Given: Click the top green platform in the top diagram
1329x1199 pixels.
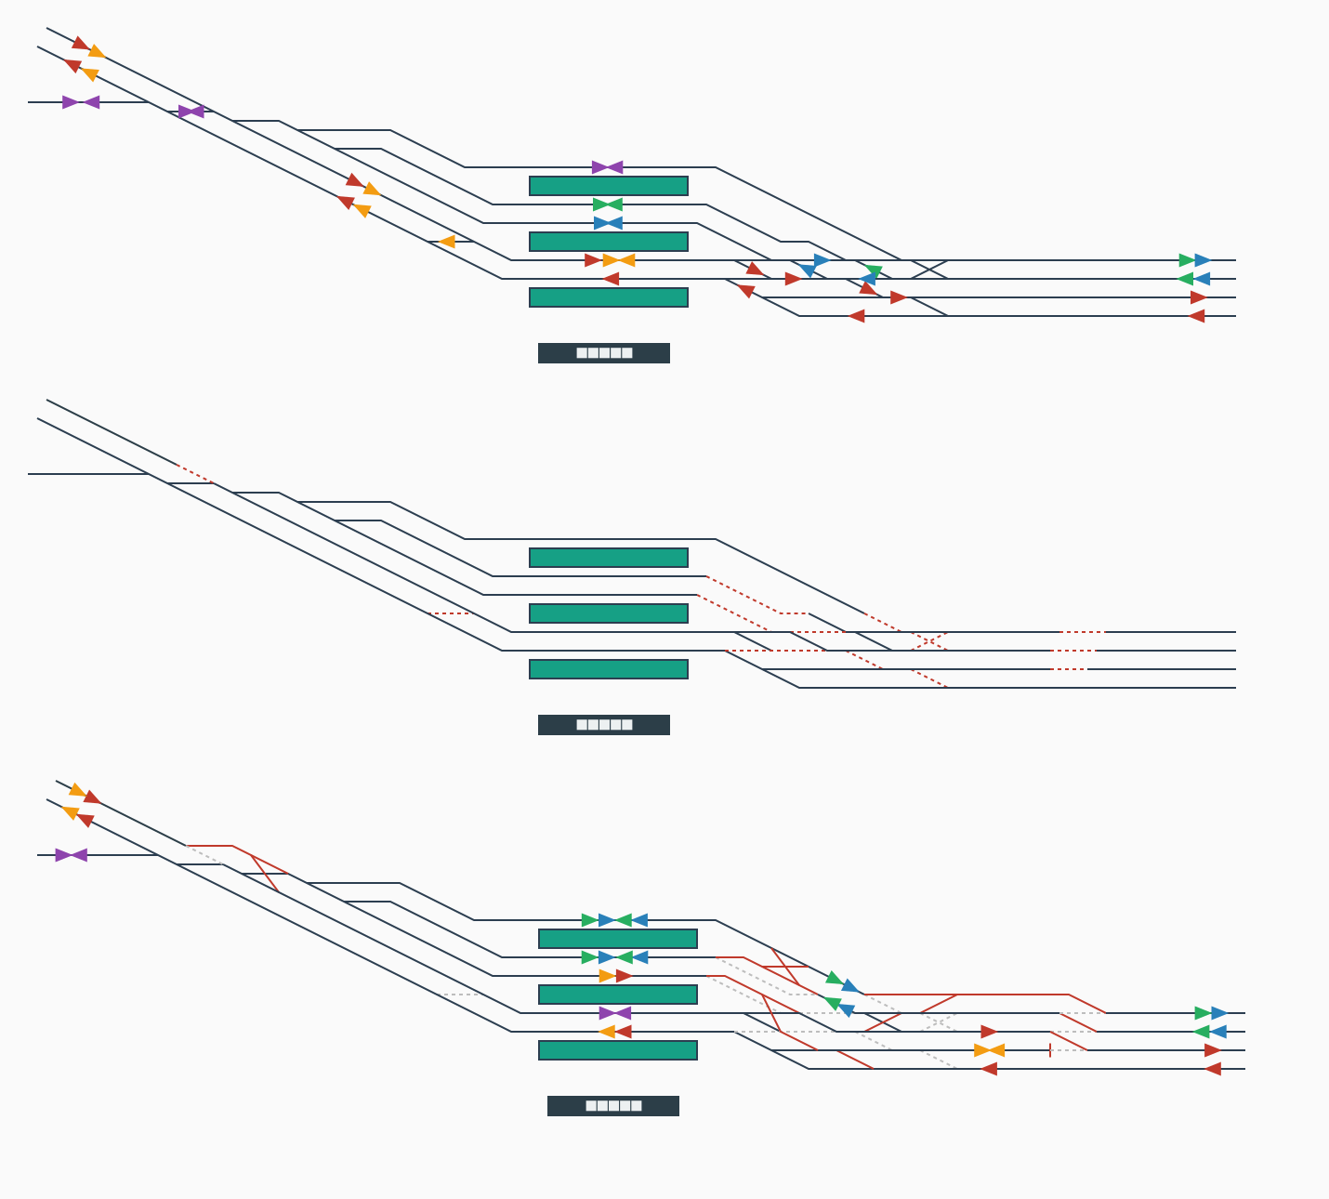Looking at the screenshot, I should pos(609,186).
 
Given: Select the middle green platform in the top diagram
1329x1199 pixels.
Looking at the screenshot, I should pos(609,242).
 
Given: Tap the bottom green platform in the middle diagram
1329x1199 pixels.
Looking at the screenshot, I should pos(609,669).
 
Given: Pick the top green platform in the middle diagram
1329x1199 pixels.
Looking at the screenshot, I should pos(609,558).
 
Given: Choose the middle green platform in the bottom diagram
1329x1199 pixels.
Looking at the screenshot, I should pos(618,995).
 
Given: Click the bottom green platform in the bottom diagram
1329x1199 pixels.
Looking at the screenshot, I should pos(618,1050).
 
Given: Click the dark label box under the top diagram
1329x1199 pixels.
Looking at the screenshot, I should pos(604,353).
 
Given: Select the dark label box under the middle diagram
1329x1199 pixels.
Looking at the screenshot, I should pos(604,725).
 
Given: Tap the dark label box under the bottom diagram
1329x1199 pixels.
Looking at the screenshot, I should pos(613,1106).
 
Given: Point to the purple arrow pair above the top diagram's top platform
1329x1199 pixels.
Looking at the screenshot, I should pos(608,167).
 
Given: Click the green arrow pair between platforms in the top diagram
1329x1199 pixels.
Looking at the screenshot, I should pos(608,204).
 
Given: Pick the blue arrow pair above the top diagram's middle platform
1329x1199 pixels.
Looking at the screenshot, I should pos(608,223).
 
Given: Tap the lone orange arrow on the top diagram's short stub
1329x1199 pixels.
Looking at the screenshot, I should pos(447,242).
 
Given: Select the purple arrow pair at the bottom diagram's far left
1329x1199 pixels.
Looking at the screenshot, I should pos(72,855).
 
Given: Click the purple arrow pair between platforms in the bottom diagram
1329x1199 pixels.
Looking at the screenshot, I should pos(615,1013).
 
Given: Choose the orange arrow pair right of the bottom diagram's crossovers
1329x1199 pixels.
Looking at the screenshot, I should pos(989,1050).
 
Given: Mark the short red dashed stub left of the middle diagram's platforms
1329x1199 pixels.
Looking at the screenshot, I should pos(452,613).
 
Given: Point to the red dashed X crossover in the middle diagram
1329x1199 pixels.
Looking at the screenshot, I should pos(929,641).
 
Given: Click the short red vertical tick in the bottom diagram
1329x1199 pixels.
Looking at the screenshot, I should pos(1050,1050).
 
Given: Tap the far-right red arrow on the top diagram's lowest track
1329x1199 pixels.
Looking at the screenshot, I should pos(1196,316).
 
